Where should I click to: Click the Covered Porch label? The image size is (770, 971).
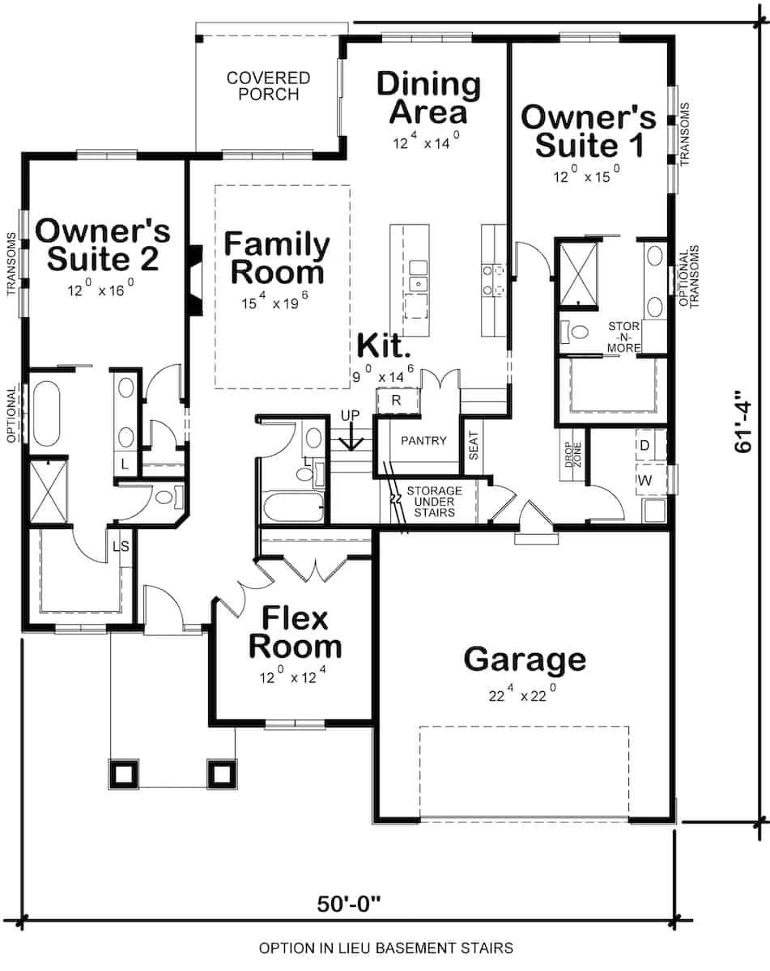[x=268, y=86]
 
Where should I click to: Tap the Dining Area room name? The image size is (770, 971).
[x=428, y=97]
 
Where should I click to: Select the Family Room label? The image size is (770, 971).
[x=277, y=258]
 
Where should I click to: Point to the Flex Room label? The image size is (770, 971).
[x=295, y=632]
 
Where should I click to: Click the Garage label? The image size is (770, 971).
[x=525, y=660]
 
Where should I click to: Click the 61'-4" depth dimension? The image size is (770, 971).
[x=743, y=421]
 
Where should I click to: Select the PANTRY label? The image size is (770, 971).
[x=423, y=440]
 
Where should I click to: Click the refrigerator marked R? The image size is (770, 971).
[x=397, y=401]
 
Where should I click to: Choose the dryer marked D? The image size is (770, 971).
[x=645, y=445]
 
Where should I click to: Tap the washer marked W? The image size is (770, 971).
[x=645, y=480]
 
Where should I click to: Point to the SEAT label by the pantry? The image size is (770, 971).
[x=474, y=446]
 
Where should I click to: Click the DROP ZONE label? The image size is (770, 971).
[x=572, y=455]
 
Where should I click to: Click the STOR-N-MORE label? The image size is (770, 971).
[x=624, y=337]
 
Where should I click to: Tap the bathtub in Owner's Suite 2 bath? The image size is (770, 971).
[x=45, y=413]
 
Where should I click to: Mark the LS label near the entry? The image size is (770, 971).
[x=121, y=547]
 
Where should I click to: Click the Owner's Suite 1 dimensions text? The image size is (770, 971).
[x=587, y=174]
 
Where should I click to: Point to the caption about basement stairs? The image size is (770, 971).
[x=386, y=948]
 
